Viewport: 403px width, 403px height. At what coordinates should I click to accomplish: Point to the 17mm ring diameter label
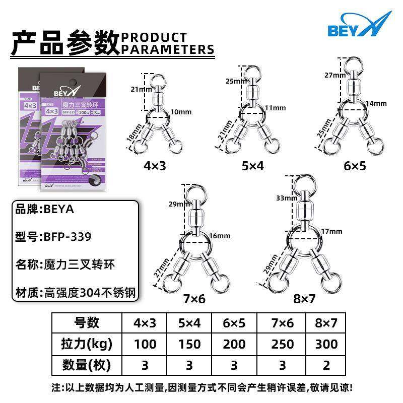click(x=332, y=231)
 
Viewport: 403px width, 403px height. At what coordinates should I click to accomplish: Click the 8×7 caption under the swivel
click(x=304, y=299)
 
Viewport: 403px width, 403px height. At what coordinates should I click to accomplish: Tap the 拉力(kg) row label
click(x=87, y=344)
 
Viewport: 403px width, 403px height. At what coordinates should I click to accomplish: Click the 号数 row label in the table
click(x=87, y=322)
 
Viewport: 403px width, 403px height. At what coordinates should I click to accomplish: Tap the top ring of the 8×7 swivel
click(x=305, y=183)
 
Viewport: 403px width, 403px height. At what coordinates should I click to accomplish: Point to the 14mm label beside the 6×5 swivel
click(x=376, y=103)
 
